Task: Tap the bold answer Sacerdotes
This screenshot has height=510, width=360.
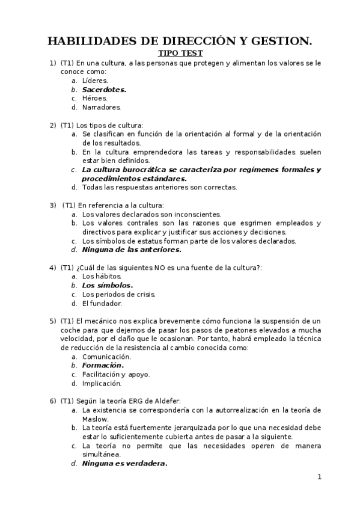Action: [104, 89]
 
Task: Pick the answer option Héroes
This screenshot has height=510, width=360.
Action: [95, 98]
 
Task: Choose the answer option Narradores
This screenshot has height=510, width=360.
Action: [102, 107]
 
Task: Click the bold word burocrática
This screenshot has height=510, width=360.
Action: [142, 170]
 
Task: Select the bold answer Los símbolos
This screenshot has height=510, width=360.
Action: [108, 285]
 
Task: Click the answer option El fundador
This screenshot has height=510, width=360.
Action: [102, 303]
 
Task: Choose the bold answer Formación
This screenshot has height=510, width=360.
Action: [103, 365]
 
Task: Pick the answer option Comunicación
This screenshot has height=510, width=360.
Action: [106, 356]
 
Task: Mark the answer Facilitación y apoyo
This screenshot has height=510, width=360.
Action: [116, 374]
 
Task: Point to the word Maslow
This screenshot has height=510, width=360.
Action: [95, 419]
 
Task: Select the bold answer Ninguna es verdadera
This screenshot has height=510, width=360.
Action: [124, 463]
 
